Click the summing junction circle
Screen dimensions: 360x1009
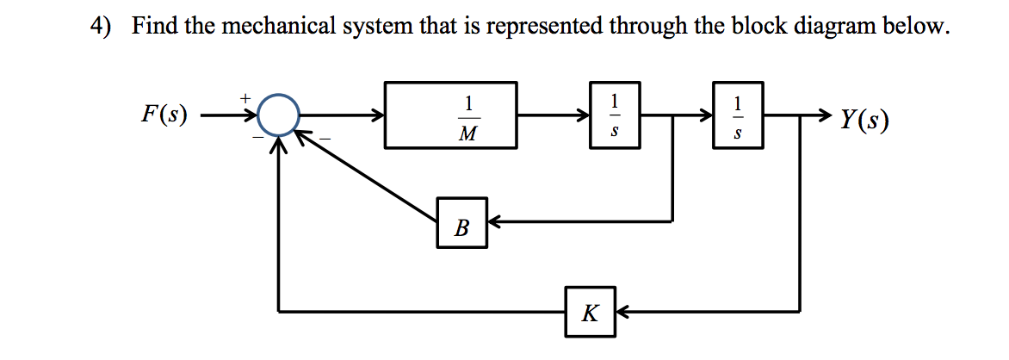[x=277, y=115]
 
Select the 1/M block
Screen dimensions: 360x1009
[x=451, y=115]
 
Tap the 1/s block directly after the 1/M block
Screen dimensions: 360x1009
[x=615, y=115]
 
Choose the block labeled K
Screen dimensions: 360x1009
[x=590, y=311]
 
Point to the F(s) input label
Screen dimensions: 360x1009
[x=164, y=115]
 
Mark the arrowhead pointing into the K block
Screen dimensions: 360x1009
[x=622, y=311]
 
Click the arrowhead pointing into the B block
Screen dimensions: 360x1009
[x=495, y=223]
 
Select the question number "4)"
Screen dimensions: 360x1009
[x=102, y=27]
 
